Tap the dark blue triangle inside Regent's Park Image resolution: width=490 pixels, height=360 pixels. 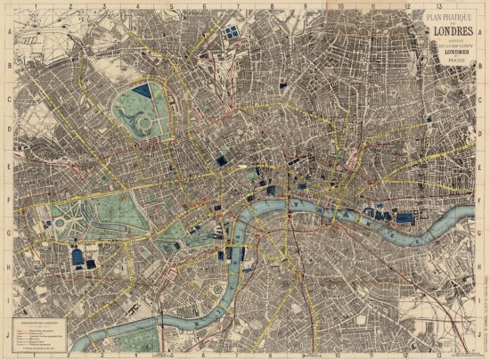tap(142, 90)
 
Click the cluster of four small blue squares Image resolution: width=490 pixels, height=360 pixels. tap(232, 32)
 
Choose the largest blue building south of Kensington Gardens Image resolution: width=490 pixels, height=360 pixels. tap(78, 258)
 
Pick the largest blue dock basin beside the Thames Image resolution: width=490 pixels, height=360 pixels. tap(405, 217)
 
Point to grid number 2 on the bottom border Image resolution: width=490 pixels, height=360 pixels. tap(67, 356)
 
